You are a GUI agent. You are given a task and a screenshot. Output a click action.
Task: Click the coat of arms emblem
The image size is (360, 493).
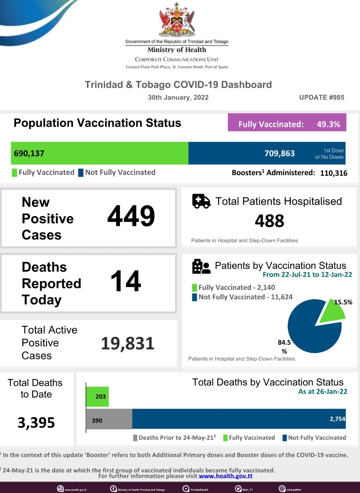point(177,20)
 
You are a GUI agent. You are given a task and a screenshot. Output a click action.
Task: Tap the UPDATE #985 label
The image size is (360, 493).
point(322,98)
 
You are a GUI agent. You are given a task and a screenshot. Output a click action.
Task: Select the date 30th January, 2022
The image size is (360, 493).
point(178,98)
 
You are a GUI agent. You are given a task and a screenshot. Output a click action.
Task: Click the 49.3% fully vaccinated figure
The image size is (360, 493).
point(328,124)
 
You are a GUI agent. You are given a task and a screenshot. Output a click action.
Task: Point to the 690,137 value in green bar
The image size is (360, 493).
point(29,153)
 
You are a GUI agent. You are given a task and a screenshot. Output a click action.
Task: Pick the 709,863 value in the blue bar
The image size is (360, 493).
point(280,153)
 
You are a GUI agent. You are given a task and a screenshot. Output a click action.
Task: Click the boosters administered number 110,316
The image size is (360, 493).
point(333,173)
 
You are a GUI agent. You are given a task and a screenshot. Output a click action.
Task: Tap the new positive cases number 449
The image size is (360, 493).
point(131,216)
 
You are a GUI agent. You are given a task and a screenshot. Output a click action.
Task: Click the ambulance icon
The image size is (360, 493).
point(201,201)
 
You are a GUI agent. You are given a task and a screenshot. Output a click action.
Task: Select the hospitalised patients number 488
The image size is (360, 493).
point(269,221)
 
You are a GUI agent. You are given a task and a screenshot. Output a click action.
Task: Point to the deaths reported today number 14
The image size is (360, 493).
point(126,281)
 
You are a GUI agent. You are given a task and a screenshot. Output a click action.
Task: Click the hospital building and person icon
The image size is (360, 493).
point(201,266)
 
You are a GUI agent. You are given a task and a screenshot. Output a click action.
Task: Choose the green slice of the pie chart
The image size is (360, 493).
point(331,311)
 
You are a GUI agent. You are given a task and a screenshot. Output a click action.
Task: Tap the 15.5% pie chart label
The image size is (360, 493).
point(343,302)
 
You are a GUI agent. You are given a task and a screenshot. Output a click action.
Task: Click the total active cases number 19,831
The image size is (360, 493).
point(128,344)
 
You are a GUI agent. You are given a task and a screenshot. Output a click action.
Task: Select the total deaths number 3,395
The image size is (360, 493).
point(36,423)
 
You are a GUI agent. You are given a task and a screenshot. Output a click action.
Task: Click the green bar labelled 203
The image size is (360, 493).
point(98,396)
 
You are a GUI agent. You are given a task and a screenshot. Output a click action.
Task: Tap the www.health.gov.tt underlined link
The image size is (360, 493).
point(226,476)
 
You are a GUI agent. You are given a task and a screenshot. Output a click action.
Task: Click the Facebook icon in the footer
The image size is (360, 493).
point(113,489)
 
